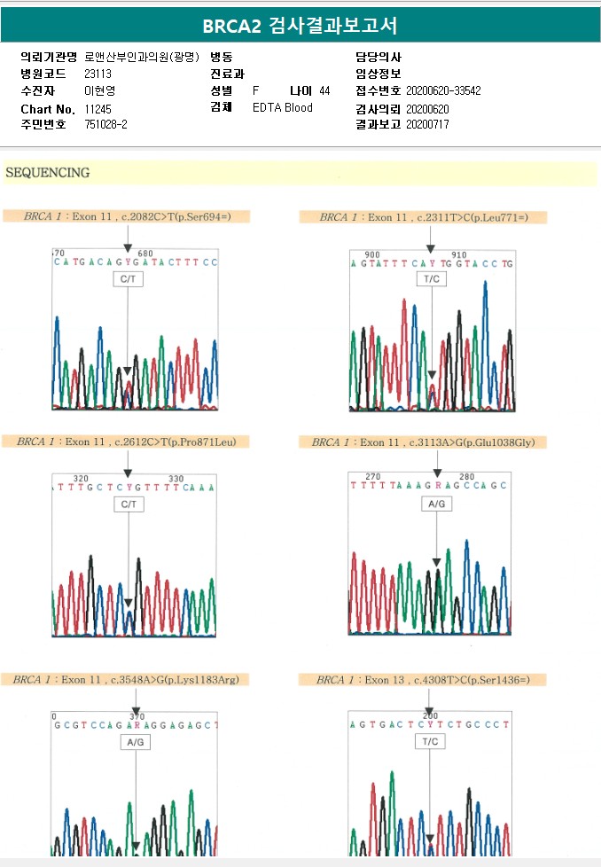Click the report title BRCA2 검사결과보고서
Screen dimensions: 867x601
click(300, 25)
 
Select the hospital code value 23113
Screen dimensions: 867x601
click(98, 74)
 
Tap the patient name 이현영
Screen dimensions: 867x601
click(99, 90)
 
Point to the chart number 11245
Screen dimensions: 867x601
click(98, 108)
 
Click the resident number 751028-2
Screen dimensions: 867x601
click(106, 125)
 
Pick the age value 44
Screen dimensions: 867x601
click(324, 90)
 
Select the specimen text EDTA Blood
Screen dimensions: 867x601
click(283, 108)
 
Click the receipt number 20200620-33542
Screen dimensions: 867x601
click(443, 90)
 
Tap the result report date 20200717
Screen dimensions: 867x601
click(427, 125)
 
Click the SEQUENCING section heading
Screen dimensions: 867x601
click(48, 173)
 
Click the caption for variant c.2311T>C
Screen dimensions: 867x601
click(424, 217)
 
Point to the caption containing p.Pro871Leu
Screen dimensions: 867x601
click(127, 441)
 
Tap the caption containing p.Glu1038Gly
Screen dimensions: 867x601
click(423, 441)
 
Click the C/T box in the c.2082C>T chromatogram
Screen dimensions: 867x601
click(129, 278)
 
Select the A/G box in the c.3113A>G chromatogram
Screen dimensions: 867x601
click(435, 504)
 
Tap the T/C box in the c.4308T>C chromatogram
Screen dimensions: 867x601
click(430, 741)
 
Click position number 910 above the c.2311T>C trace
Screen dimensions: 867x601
click(458, 254)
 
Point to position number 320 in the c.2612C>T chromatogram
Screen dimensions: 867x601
click(81, 479)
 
